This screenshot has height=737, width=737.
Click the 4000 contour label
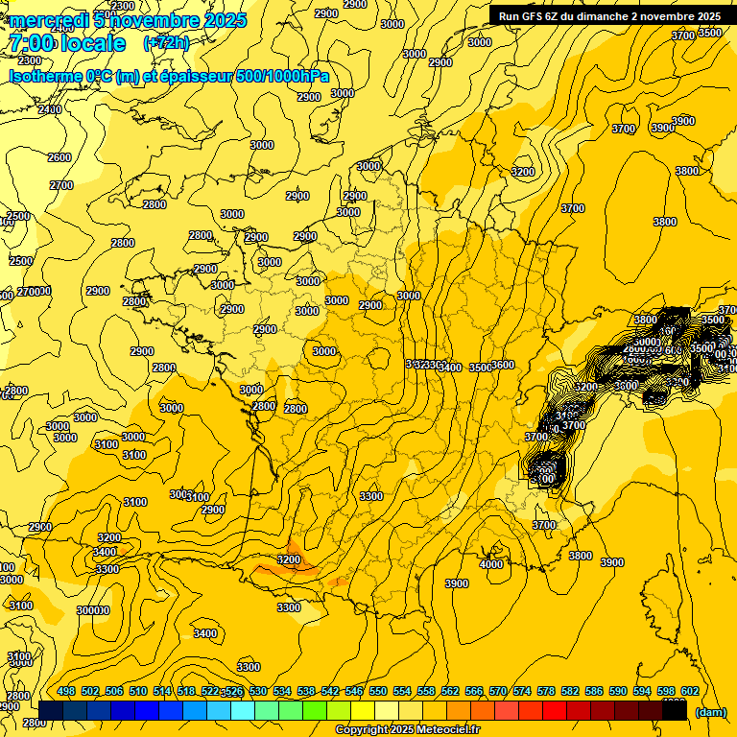491,564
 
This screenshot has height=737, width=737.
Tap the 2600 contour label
59,157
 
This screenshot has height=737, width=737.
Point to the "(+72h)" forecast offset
166,43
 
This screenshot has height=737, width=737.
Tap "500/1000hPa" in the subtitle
281,76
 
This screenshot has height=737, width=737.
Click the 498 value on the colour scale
66,691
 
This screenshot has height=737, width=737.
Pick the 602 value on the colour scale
689,691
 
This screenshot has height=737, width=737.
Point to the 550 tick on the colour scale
377,691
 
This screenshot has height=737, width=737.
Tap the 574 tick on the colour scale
521,691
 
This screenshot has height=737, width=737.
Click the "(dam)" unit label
710,711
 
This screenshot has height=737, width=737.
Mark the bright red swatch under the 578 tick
556,710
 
